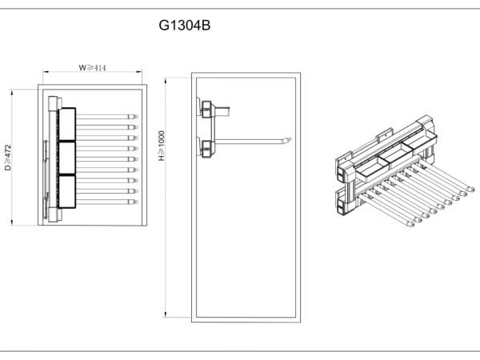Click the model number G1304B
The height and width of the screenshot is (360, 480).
[x=185, y=26]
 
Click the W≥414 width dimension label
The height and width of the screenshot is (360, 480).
[x=93, y=68]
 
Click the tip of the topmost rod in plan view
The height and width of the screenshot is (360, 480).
[x=135, y=117]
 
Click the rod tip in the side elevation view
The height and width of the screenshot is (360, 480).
[x=286, y=141]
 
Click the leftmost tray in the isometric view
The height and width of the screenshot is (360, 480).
[x=370, y=167]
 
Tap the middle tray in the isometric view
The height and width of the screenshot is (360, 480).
[x=398, y=154]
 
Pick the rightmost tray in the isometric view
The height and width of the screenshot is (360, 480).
[x=422, y=142]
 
